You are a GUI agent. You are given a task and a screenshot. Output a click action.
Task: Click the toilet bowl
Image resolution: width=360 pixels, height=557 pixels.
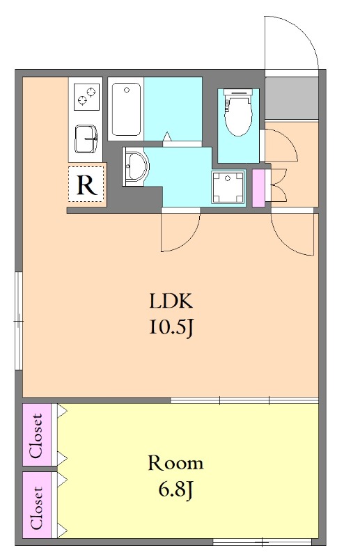[x=237, y=113]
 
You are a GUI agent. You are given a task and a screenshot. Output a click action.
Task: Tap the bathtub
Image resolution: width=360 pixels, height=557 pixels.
[x=126, y=109]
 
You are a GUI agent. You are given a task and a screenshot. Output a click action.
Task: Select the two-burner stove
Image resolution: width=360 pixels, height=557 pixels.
[x=86, y=96]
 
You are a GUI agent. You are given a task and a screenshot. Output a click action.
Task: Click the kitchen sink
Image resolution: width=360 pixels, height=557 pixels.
[x=86, y=139]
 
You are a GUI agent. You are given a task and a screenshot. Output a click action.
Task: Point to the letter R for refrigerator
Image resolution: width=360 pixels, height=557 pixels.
[x=87, y=185]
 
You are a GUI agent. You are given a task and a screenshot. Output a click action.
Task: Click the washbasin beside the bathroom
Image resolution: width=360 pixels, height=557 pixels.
[x=135, y=166]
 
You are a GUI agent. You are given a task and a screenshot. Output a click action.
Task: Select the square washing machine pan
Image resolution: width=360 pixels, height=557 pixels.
[x=228, y=187]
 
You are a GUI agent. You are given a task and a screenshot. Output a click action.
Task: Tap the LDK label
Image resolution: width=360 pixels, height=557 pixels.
[x=171, y=301]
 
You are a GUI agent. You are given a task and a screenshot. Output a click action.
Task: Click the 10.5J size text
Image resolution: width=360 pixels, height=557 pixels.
[x=171, y=327]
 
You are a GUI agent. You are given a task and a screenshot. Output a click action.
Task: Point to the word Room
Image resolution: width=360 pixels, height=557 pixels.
[x=175, y=463]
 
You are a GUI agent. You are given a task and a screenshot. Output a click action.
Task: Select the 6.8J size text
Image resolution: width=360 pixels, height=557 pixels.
[x=175, y=491]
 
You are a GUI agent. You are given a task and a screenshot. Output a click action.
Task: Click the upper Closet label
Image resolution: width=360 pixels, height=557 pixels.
[x=36, y=435]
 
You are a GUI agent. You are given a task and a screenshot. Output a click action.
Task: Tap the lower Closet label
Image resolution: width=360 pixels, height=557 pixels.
[x=36, y=508]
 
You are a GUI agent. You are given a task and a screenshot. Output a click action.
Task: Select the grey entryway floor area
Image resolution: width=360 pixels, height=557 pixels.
[x=291, y=98]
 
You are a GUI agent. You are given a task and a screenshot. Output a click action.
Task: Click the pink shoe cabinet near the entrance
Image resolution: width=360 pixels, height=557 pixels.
[x=258, y=188]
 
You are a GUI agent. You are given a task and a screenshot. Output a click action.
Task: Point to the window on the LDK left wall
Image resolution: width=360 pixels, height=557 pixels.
[x=19, y=321]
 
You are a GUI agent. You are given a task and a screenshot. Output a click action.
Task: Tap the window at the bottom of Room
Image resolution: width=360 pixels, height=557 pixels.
[x=263, y=542]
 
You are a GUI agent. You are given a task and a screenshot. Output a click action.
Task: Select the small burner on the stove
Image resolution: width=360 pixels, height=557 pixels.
[x=82, y=101]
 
